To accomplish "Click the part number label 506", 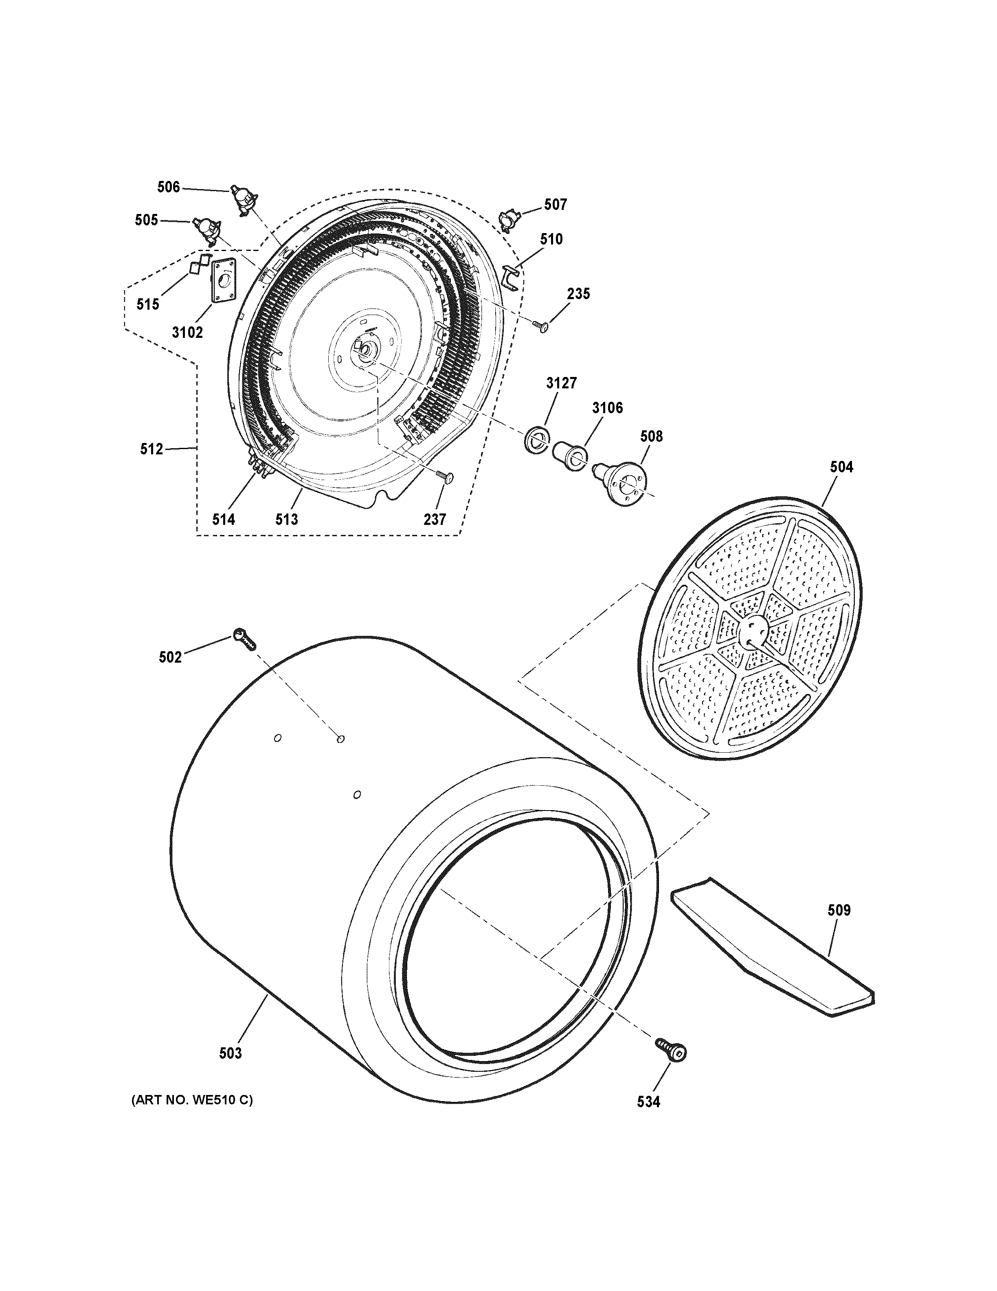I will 168,187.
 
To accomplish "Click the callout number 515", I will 148,304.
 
